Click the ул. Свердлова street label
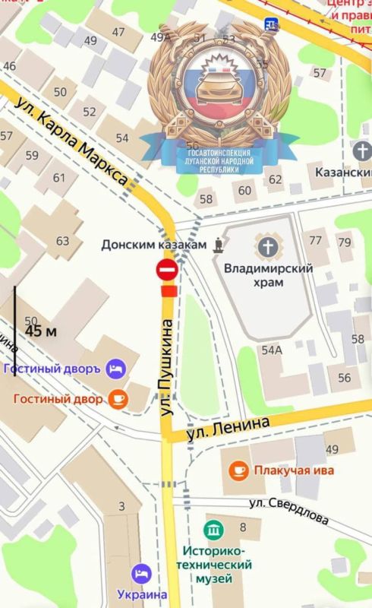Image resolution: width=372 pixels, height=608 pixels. click(289, 511)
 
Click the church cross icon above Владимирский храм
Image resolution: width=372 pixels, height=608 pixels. click(267, 246)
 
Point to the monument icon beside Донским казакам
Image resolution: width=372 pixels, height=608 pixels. click(219, 245)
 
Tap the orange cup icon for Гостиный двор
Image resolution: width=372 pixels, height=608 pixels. click(118, 397)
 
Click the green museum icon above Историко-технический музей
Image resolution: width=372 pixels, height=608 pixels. click(214, 529)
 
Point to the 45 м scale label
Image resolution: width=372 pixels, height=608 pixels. click(41, 331)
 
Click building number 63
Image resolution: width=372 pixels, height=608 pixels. click(62, 241)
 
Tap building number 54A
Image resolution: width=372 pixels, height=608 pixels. click(271, 350)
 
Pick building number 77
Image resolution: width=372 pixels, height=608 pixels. click(316, 241)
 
